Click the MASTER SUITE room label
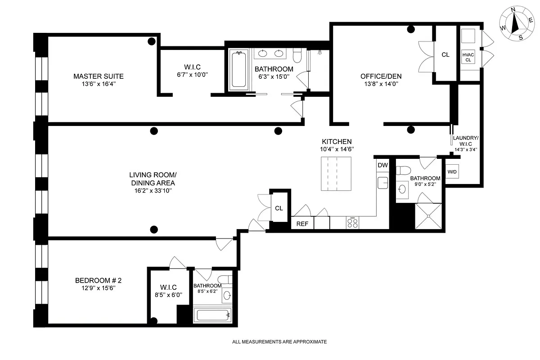(x=98, y=76)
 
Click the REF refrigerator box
(x=302, y=223)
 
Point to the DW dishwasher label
(x=382, y=165)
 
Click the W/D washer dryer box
(x=452, y=172)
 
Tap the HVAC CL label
(x=468, y=57)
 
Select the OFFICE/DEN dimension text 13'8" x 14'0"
(x=381, y=84)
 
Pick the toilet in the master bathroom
(x=297, y=55)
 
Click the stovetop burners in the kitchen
(x=352, y=223)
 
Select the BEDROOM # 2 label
(x=98, y=281)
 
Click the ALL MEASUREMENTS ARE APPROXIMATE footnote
(x=279, y=342)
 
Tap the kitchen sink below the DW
(x=382, y=182)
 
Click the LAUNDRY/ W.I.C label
(x=465, y=141)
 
